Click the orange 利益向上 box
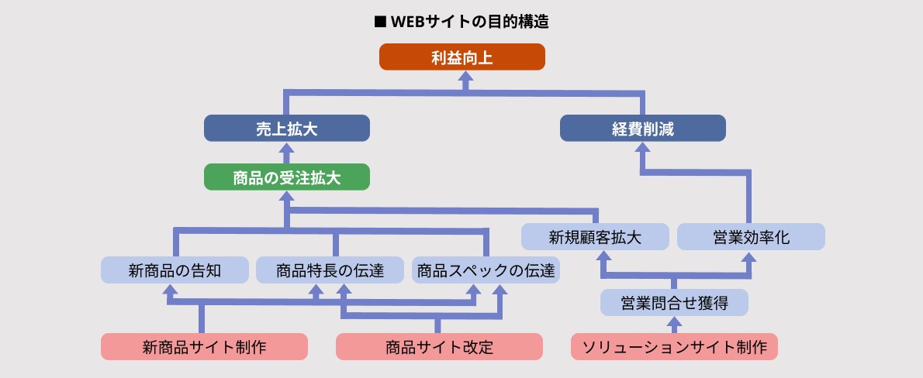coord(462,57)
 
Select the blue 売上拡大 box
coord(286,129)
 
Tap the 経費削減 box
coord(642,129)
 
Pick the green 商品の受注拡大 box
coord(286,178)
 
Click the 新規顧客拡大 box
coord(595,237)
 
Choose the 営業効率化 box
coord(751,237)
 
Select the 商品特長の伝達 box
coord(330,270)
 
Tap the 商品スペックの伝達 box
coord(486,270)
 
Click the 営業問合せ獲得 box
coord(674,302)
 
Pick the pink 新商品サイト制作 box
coord(204,346)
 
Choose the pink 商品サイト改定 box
coord(438,346)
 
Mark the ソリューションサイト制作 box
coord(673,346)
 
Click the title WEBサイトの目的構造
coord(470,22)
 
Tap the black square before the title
coord(380,22)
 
